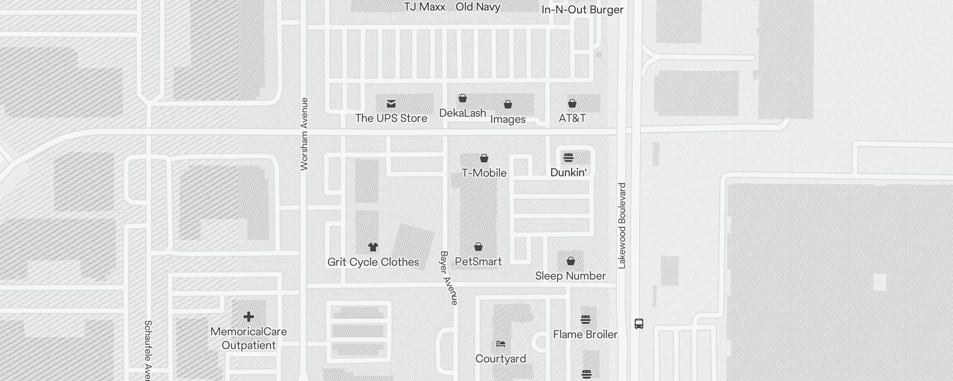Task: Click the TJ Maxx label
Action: (x=425, y=7)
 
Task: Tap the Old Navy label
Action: (x=477, y=7)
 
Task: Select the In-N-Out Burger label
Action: (x=582, y=10)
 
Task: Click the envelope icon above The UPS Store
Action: (x=391, y=104)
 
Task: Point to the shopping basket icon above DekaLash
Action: (x=462, y=99)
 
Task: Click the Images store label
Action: (x=508, y=119)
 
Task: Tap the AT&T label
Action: (x=572, y=118)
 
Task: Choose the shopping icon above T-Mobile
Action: (x=484, y=158)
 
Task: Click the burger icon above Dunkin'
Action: (x=568, y=158)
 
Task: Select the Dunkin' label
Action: (x=568, y=172)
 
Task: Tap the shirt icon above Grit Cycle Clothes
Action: (x=373, y=247)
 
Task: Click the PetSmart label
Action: (x=478, y=261)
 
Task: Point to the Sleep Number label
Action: (x=570, y=276)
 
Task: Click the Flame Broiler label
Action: (x=585, y=334)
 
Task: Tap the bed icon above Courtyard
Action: (x=500, y=344)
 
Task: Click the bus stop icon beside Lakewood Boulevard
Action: (x=639, y=324)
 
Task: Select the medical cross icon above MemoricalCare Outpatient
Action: (x=248, y=317)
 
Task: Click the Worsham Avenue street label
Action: (x=304, y=134)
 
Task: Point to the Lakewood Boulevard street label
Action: (x=622, y=226)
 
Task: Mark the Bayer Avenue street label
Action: (x=449, y=278)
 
